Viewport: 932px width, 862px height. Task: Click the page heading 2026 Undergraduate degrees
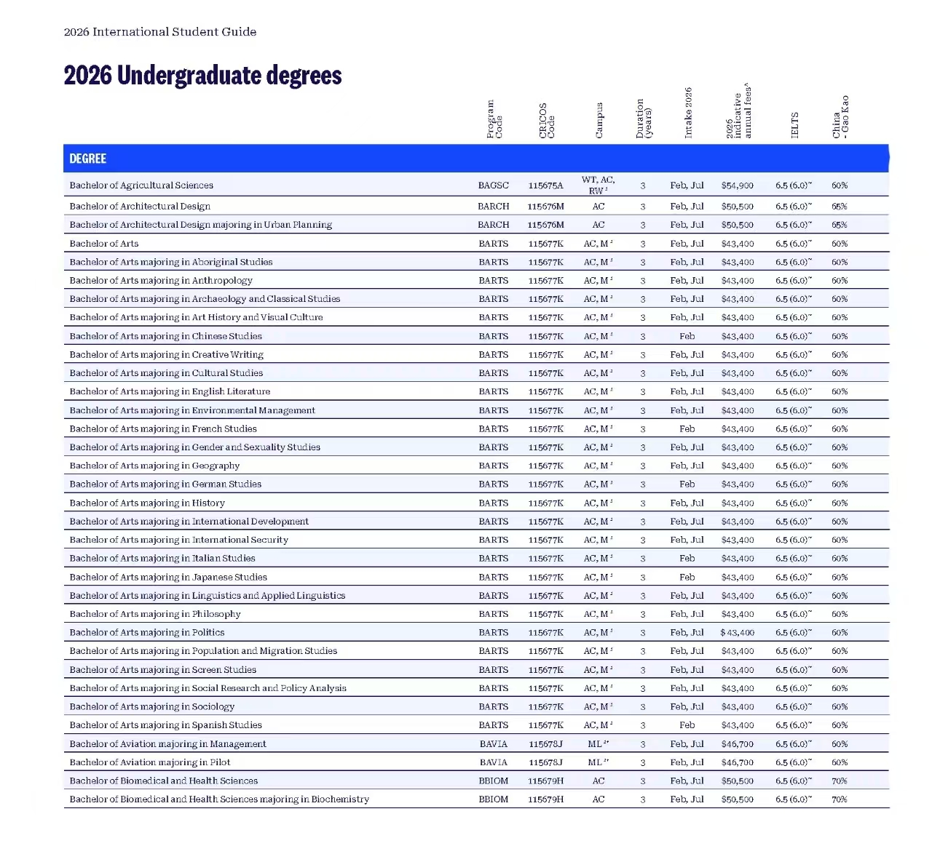coord(202,76)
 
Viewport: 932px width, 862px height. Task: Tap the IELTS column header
coord(794,124)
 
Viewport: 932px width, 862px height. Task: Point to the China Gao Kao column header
coord(840,117)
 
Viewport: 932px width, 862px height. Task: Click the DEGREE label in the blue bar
coord(88,159)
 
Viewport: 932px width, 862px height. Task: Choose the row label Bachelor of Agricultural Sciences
coord(141,185)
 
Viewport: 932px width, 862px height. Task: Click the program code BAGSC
coord(494,185)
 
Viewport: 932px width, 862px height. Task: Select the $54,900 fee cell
coord(737,185)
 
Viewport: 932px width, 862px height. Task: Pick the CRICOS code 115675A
coord(545,185)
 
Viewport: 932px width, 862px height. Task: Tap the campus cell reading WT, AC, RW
coord(598,185)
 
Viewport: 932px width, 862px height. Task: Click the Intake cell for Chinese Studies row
coord(687,336)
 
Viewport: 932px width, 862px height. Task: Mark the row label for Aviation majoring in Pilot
coord(150,762)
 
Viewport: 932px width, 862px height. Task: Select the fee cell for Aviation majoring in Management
coord(737,744)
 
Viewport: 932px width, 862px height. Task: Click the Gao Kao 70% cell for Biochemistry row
coord(840,799)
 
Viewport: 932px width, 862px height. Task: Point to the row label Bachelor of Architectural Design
coord(140,207)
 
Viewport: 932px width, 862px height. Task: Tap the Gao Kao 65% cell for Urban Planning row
coord(840,225)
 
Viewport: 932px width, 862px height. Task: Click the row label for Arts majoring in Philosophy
coord(155,614)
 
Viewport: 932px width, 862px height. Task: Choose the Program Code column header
coord(494,119)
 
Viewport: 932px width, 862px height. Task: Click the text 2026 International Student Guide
coord(160,32)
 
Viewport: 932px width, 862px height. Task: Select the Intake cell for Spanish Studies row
coord(687,725)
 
